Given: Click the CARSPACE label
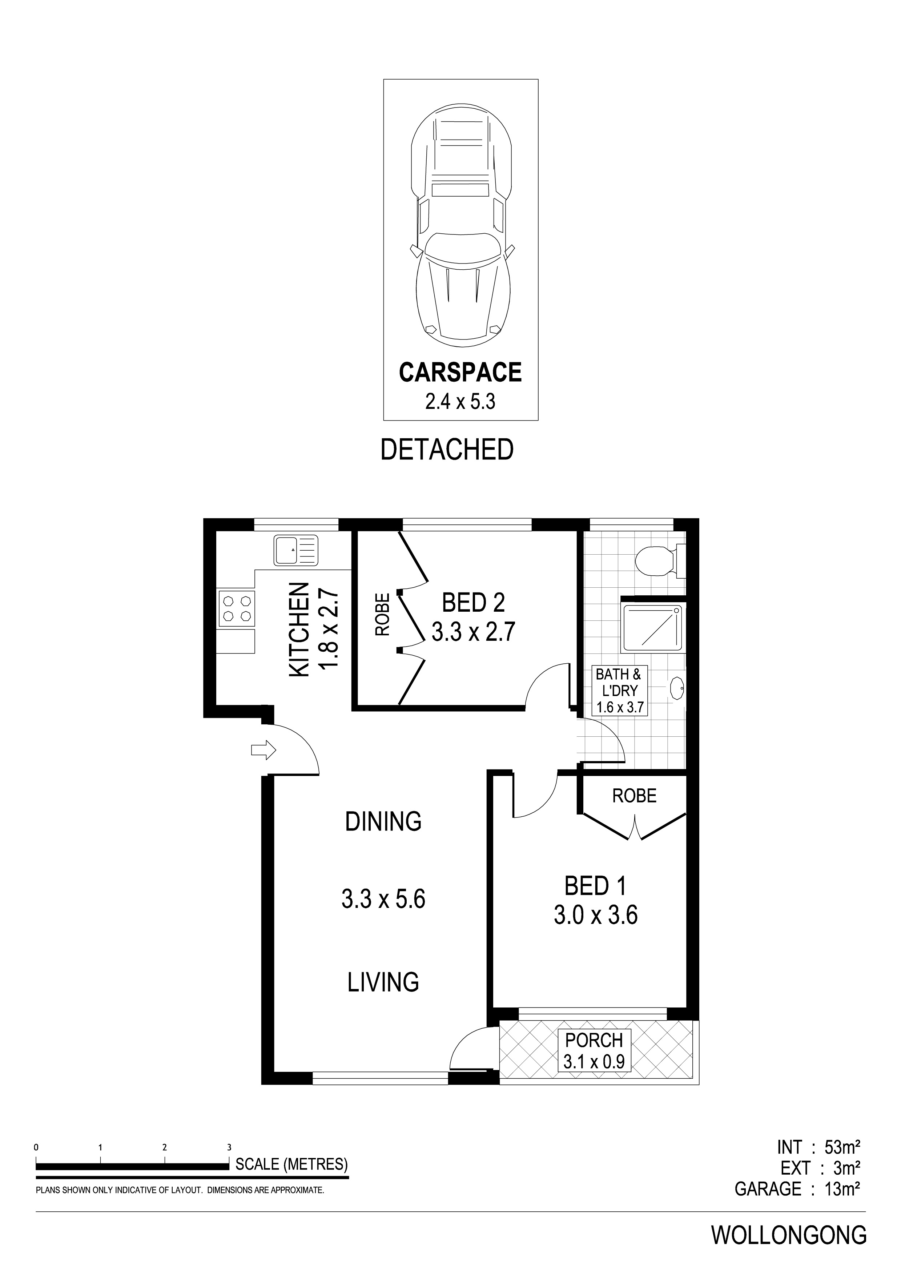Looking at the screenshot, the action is (460, 372).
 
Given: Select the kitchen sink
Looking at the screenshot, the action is (296, 550).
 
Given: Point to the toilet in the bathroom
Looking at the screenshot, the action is (661, 561).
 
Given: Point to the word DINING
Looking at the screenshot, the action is (383, 821).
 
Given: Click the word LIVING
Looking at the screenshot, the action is (383, 982).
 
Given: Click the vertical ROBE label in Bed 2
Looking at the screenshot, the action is (382, 614).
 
